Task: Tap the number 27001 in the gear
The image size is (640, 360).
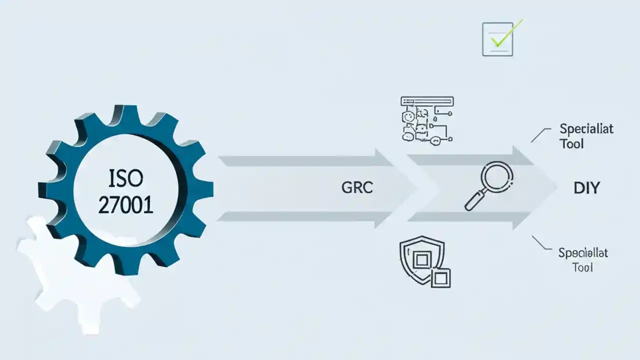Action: (x=125, y=205)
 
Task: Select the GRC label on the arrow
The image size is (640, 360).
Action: (x=357, y=188)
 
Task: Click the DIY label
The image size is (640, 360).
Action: (x=586, y=188)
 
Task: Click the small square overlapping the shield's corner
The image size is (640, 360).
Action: (x=441, y=278)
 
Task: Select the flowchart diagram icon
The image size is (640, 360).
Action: (x=426, y=119)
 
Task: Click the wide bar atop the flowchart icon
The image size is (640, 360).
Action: (x=427, y=101)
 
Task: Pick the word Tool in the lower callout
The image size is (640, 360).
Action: (x=582, y=267)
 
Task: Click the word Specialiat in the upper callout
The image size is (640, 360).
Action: (x=586, y=129)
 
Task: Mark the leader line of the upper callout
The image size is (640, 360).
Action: (x=538, y=134)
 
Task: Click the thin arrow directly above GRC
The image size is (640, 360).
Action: (x=305, y=160)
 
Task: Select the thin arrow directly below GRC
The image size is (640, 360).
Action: (x=305, y=216)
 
